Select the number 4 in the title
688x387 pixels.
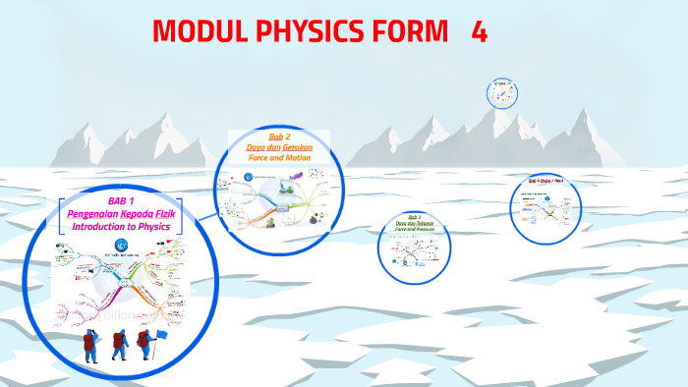point(479,32)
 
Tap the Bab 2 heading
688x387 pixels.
point(279,136)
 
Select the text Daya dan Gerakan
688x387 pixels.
point(279,146)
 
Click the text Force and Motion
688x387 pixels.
point(279,157)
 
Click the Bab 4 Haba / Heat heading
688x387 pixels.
point(545,182)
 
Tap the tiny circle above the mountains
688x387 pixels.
point(501,94)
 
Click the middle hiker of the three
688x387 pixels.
point(119,346)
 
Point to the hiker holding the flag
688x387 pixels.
point(145,346)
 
